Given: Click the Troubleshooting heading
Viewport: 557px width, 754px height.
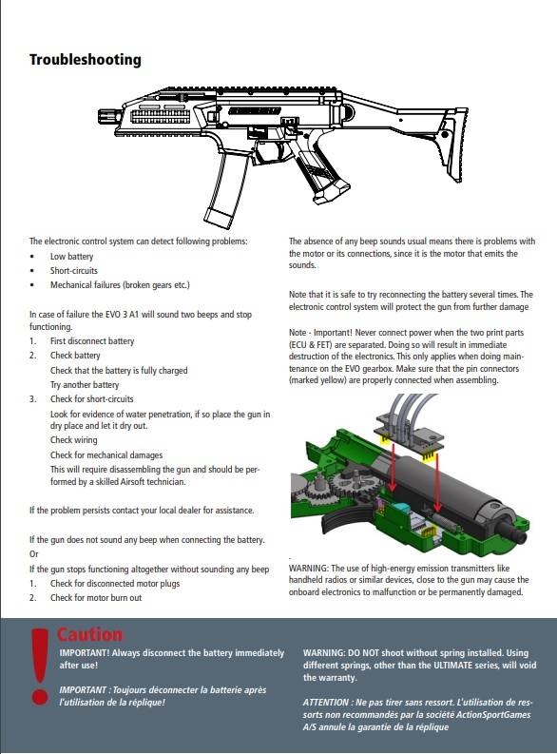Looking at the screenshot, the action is point(86,60).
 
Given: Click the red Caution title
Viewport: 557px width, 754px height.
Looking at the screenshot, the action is point(90,634).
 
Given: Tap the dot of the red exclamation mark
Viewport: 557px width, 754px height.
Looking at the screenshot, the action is point(39,696).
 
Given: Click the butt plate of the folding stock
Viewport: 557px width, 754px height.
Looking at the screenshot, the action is point(455,145).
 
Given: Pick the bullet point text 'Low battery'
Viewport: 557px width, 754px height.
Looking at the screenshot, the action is point(71,257).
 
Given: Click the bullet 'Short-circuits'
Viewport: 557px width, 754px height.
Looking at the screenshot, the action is point(74,270).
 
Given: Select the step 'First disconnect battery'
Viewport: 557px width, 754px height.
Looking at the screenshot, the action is point(92,341).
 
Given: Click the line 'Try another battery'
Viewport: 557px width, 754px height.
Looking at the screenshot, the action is point(85,385).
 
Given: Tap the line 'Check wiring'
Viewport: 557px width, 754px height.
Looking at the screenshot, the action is point(73,440).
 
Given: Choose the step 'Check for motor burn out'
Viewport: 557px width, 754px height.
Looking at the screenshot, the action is point(96,598).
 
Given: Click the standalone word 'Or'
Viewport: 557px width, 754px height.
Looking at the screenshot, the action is point(33,554).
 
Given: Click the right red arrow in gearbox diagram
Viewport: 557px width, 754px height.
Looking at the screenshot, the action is point(437,482).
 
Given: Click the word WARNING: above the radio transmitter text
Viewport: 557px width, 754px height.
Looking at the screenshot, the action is point(309,568).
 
